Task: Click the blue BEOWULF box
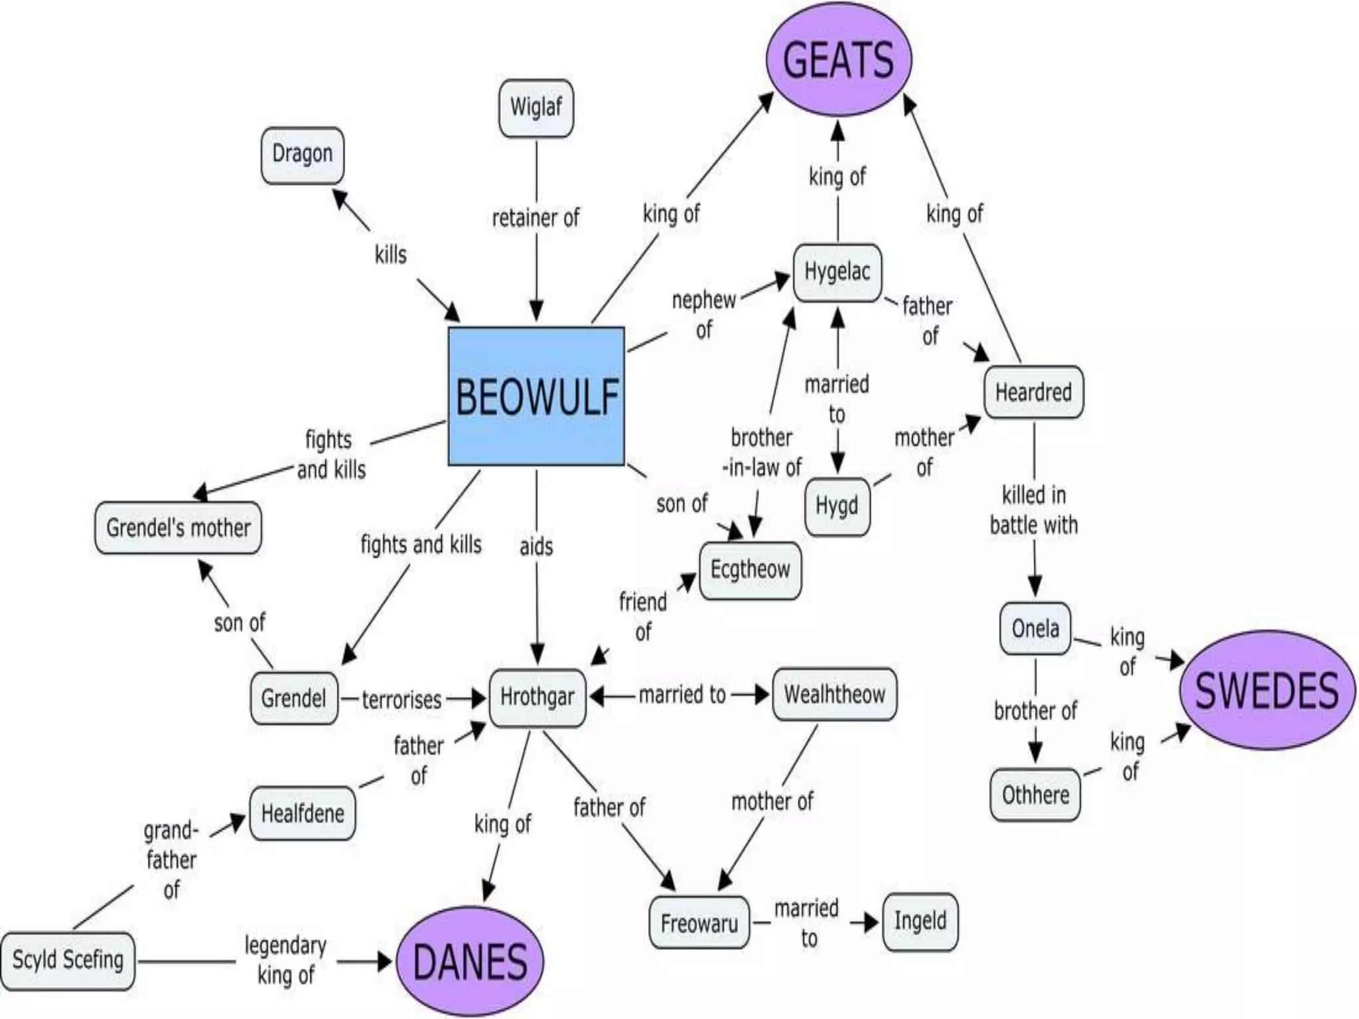(536, 396)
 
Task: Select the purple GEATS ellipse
(839, 59)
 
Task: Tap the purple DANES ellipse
(470, 961)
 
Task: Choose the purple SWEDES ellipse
(1267, 690)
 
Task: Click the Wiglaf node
(536, 108)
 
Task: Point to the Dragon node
(303, 155)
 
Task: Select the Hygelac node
(837, 272)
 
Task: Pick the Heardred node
(1033, 392)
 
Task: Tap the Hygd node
(837, 506)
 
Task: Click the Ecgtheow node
(751, 570)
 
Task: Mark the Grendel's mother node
(178, 528)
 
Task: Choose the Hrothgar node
(537, 697)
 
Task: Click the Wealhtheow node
(835, 695)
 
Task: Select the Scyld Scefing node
(68, 960)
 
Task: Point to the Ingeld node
(920, 921)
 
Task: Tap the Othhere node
(1035, 795)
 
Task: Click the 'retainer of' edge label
(536, 218)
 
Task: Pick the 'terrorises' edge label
(401, 700)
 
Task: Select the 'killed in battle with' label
(1034, 510)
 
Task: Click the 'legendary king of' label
(285, 960)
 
